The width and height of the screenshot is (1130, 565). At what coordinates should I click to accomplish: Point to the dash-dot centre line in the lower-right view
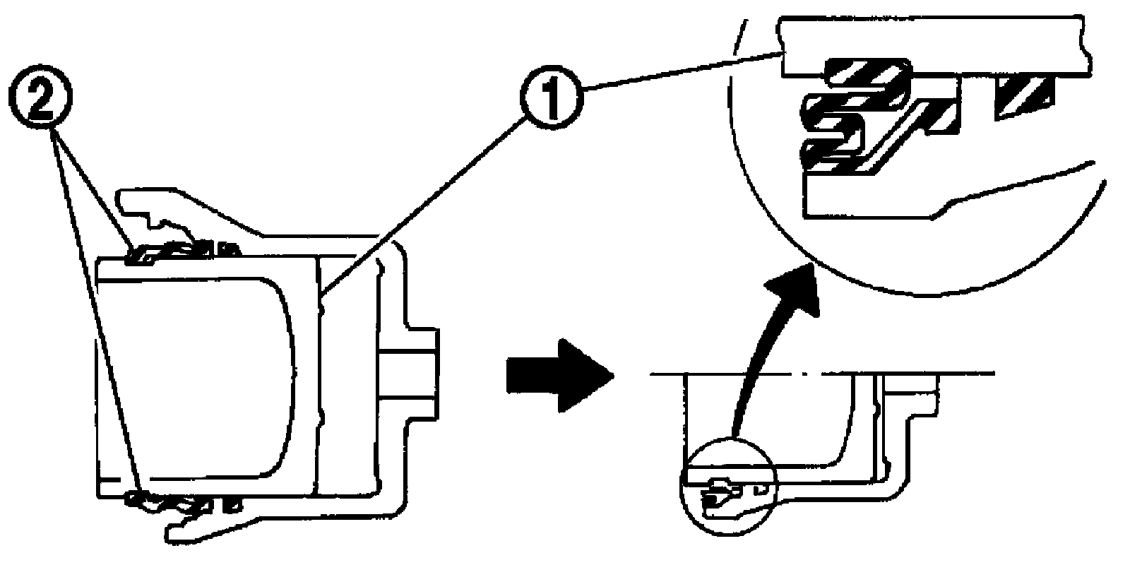(819, 373)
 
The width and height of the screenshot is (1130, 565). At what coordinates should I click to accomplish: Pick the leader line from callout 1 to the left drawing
(424, 205)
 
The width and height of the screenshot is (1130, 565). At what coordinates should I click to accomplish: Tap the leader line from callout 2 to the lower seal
(99, 318)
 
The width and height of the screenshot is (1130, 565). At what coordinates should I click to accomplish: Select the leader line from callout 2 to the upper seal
(92, 191)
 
